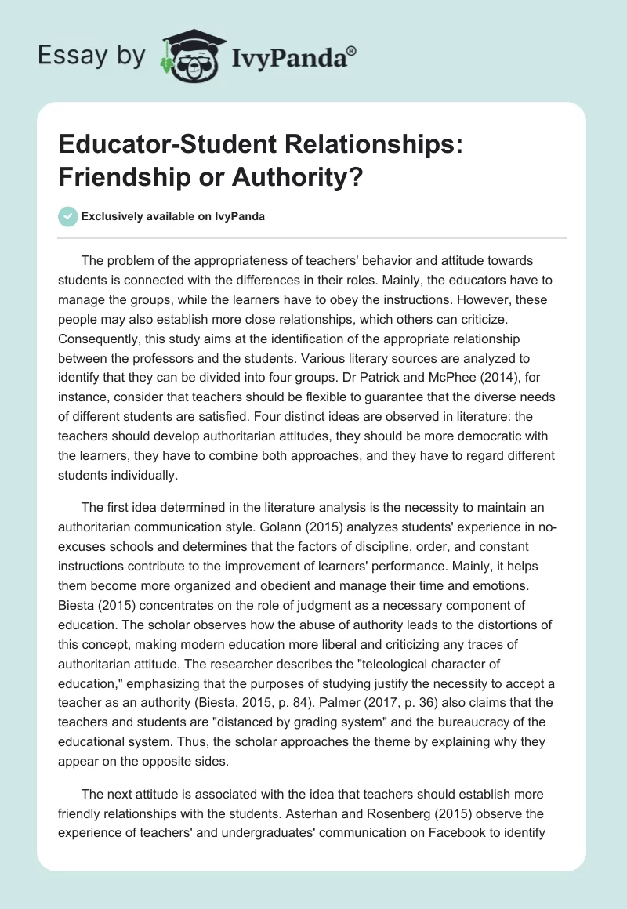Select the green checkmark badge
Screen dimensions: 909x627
tap(67, 216)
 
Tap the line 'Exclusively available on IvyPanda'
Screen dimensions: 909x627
tap(172, 217)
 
